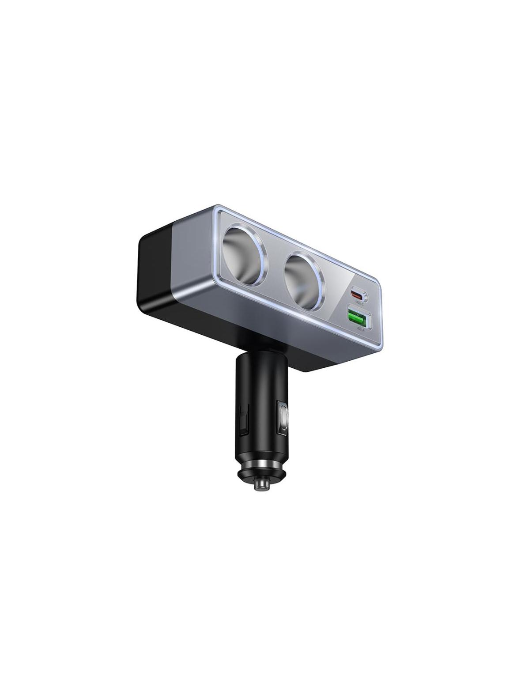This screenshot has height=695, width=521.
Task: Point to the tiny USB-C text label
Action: tap(359, 303)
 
